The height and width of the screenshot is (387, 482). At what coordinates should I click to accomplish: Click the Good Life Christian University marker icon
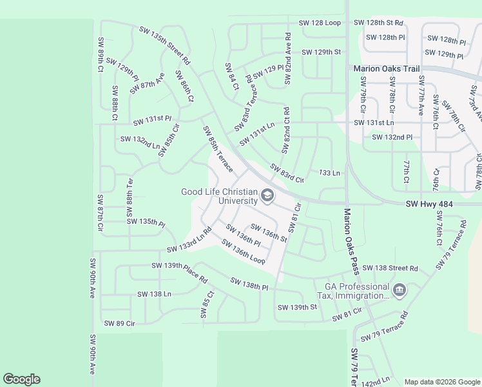click(x=267, y=195)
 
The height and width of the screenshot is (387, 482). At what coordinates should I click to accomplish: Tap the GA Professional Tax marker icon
click(x=399, y=291)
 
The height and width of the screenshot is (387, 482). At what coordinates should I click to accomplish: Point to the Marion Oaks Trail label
click(x=385, y=68)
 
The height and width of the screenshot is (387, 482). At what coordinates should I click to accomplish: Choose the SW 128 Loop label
click(x=320, y=23)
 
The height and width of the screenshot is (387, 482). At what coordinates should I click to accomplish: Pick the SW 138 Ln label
click(x=154, y=294)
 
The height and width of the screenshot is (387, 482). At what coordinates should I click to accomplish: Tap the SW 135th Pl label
click(x=146, y=221)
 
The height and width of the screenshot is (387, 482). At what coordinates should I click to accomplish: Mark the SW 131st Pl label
click(x=152, y=120)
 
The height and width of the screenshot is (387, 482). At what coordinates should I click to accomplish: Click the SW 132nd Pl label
click(x=392, y=137)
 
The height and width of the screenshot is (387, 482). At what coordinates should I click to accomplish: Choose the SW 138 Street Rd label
click(x=390, y=268)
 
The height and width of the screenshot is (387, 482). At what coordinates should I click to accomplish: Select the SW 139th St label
click(x=297, y=307)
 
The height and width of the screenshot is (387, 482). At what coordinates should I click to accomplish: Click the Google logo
click(x=21, y=379)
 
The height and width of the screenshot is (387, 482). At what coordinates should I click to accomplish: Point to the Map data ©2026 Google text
click(x=441, y=382)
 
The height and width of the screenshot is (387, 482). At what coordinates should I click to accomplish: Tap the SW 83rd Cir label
click(x=287, y=172)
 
